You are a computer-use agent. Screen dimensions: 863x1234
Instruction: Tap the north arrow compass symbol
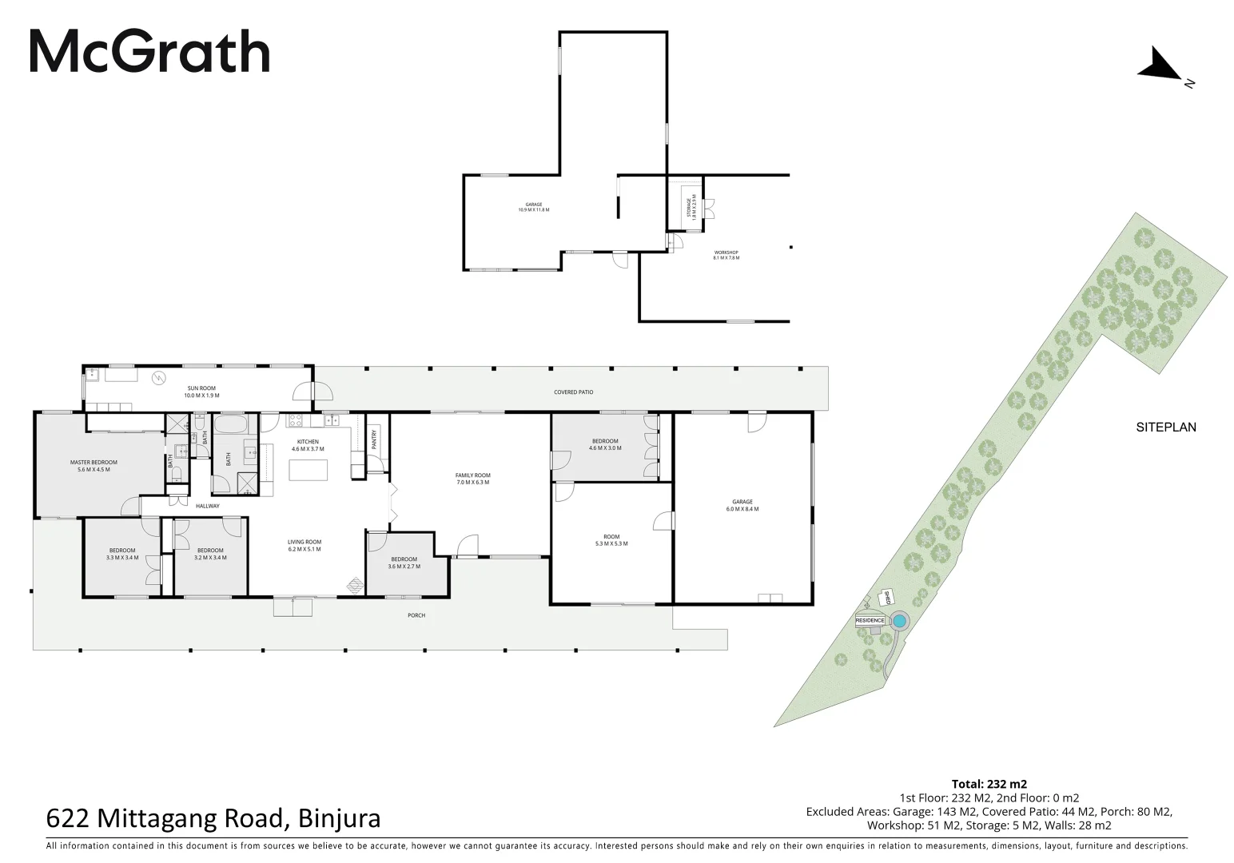click(1160, 66)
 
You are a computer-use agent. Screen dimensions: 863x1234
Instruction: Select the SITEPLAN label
click(1165, 428)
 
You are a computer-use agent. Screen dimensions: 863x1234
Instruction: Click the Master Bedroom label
click(94, 466)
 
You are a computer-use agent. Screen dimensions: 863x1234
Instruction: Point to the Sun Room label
click(201, 392)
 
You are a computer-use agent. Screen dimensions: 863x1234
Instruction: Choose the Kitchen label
click(308, 445)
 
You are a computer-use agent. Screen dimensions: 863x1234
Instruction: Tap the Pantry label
click(373, 439)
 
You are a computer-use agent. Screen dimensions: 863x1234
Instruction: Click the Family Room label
click(472, 479)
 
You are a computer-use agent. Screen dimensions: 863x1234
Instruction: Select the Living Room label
click(305, 546)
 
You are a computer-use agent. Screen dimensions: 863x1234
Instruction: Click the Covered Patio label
click(573, 392)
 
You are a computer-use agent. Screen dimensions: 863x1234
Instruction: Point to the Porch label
click(416, 615)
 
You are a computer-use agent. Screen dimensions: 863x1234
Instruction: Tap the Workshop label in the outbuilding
click(726, 255)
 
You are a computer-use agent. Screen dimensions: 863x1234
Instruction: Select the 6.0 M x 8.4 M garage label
click(742, 505)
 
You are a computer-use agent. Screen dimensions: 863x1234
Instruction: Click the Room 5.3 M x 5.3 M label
click(611, 540)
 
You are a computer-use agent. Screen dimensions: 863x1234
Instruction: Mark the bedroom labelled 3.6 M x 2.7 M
click(404, 563)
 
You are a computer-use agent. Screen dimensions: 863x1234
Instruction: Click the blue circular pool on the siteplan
click(899, 621)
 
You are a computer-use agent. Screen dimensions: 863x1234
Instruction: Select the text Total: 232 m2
click(989, 784)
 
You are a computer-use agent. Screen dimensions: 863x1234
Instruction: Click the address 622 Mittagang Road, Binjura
click(213, 819)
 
